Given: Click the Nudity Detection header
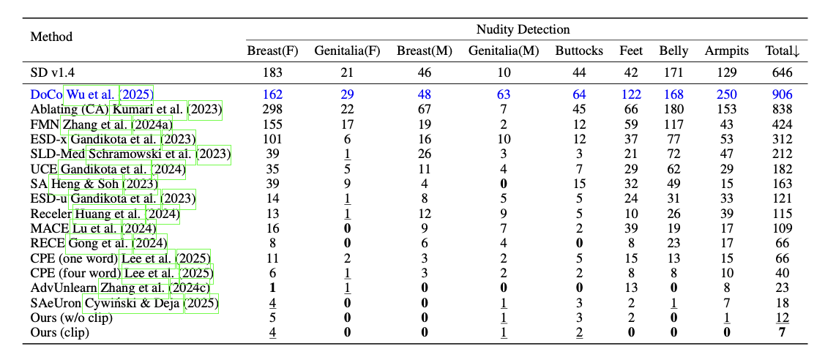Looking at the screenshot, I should pos(523,30).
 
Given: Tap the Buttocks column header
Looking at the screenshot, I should pos(579,50).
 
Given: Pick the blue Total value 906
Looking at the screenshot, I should pos(782,94).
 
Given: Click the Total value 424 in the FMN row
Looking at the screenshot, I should pos(782,124).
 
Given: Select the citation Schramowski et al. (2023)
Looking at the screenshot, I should pos(159,154).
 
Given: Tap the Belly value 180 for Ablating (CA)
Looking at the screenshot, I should pos(673,110).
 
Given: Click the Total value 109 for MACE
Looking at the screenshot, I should pos(782,227).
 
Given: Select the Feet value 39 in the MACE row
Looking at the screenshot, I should pos(631,227).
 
